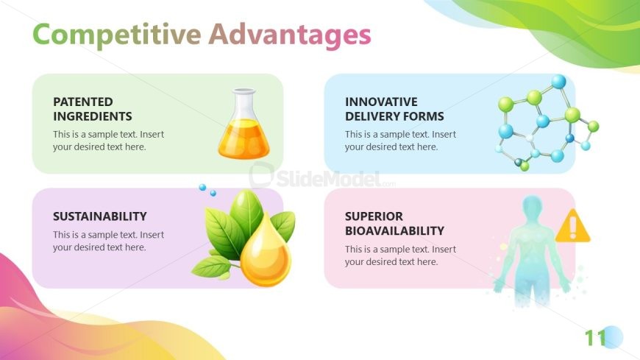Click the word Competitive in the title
coord(117,35)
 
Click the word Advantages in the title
coord(290,35)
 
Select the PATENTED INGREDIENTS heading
coord(93,109)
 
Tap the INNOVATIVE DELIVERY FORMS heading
coord(394,109)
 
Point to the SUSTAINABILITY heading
coord(99,216)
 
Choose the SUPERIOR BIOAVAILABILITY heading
coord(394,224)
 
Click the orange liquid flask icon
coord(244,124)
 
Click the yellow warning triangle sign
coord(572,226)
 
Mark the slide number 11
coord(596,338)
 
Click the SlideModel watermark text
coord(329,179)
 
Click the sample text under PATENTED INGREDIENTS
coord(109,141)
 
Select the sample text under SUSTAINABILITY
coord(109,241)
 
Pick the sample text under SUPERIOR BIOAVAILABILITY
coord(400,255)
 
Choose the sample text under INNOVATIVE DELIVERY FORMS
coord(400,141)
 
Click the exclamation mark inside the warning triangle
coord(572,227)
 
